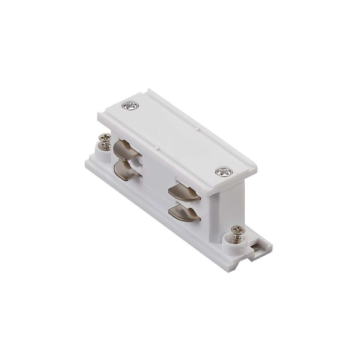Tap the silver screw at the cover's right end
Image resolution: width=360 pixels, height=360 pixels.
pos(224,172)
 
